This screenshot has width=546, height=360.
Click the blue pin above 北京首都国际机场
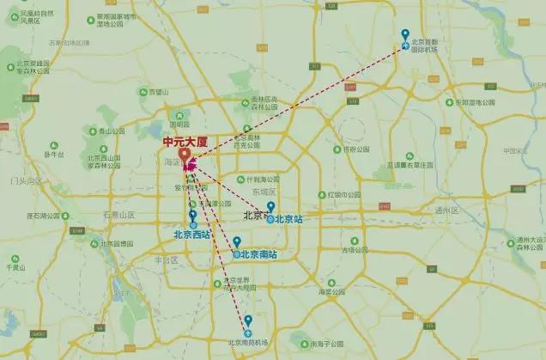point(406,35)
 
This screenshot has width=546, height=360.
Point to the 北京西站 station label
point(191,233)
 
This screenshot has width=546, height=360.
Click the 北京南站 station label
point(257,253)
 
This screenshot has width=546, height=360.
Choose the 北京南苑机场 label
point(247,342)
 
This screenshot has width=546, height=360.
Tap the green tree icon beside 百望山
point(143,91)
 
